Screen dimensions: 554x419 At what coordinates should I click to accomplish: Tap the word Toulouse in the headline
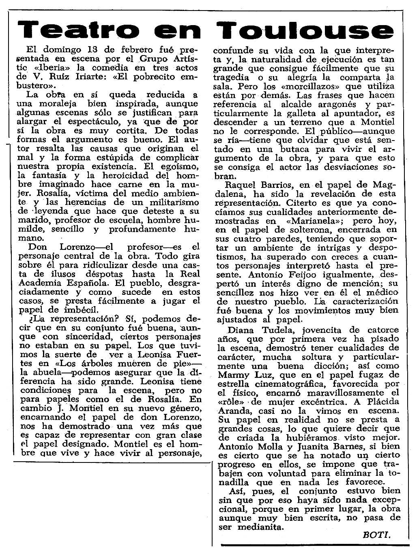click(x=305, y=31)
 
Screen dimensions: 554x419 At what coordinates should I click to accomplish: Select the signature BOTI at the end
click(x=377, y=535)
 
